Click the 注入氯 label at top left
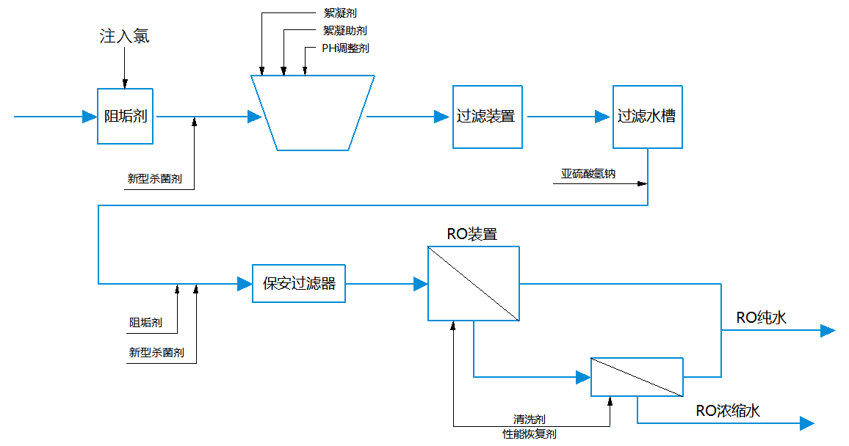point(124,36)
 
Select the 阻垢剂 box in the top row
point(126,116)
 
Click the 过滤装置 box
point(486,116)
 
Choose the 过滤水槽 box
point(647,116)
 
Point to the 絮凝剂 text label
point(340,13)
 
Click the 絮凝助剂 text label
point(344,31)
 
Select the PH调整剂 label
point(345,48)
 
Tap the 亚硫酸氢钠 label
point(588,175)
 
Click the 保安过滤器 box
point(299,283)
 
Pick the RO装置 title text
point(472,235)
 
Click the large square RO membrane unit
point(474,283)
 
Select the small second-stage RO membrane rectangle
point(637,377)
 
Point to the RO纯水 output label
point(762,318)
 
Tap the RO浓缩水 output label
point(728,411)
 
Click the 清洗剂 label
point(529,420)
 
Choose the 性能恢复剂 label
point(529,434)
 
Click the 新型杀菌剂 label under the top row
point(154,178)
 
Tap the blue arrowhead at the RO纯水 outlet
point(828,331)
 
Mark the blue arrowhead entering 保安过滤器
point(245,284)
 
